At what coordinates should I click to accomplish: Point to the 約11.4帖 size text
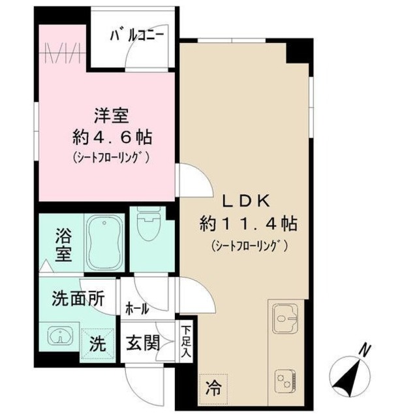click(248, 224)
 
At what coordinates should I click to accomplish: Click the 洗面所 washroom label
click(78, 300)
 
